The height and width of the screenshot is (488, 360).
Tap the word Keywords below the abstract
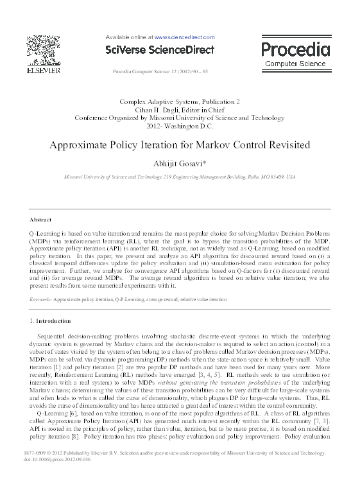(40, 300)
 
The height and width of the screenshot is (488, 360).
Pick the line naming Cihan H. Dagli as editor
(179, 110)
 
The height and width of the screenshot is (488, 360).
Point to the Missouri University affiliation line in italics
(179, 175)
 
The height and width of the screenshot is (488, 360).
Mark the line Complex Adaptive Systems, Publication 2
(179, 102)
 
